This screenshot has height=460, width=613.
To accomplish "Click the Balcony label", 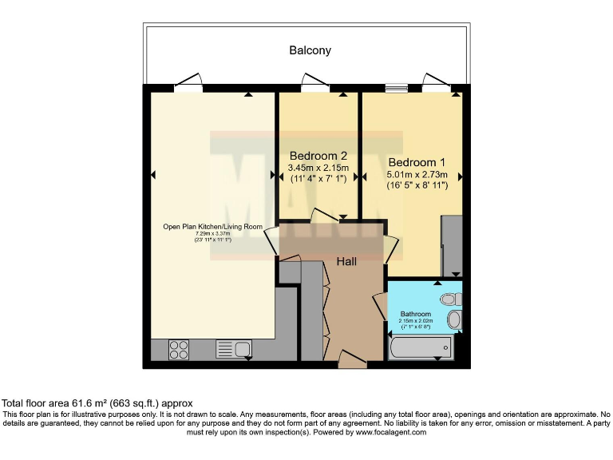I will [x=310, y=50].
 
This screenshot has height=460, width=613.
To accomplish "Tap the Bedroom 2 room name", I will [x=318, y=156].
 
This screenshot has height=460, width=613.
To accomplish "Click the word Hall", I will [x=346, y=261].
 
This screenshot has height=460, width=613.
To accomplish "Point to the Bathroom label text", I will [x=415, y=314].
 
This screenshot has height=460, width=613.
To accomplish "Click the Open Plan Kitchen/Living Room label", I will [x=212, y=227].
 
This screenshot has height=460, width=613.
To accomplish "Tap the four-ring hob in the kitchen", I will [x=180, y=349].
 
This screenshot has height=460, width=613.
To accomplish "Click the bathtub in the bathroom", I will [x=419, y=348].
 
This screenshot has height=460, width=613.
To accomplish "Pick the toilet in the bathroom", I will [x=451, y=299].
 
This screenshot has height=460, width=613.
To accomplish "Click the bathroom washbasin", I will [x=454, y=321].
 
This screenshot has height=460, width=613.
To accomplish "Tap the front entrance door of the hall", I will [x=352, y=359].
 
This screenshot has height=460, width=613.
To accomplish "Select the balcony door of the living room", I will [x=188, y=81].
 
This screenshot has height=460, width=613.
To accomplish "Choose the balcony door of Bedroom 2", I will [x=315, y=82].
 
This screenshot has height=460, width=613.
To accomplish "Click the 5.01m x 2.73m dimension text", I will [x=417, y=175].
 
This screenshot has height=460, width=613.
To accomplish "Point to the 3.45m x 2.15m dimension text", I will [x=318, y=169].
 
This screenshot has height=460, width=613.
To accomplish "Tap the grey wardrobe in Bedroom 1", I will [x=452, y=244].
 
